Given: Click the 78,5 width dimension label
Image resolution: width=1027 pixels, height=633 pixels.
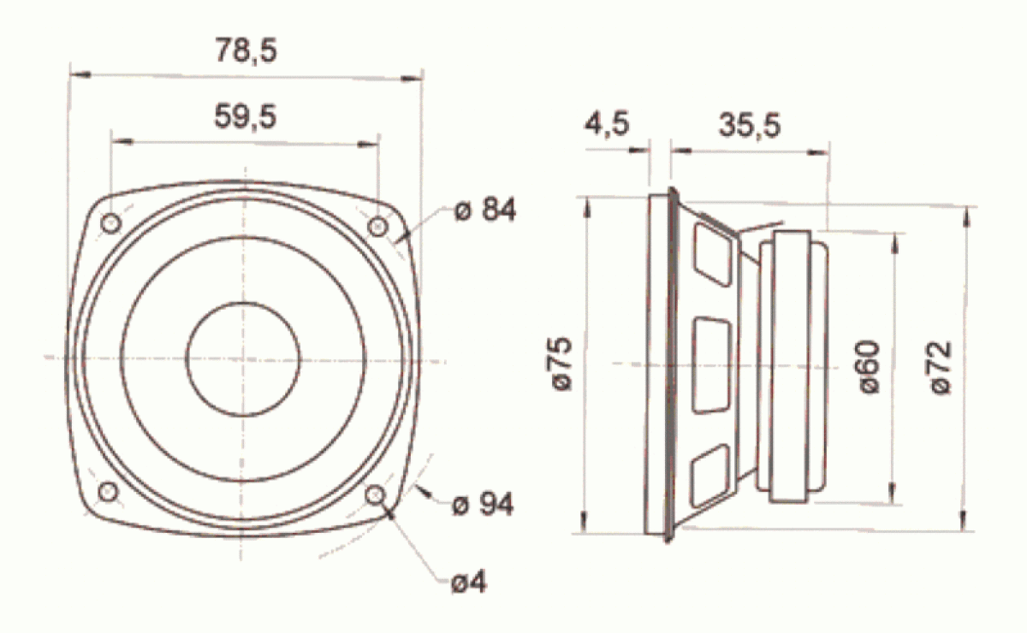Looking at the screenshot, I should [246, 50].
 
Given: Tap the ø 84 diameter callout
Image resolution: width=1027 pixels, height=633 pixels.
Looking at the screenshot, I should [485, 210].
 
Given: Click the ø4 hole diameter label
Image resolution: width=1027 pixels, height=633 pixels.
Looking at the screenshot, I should [469, 583].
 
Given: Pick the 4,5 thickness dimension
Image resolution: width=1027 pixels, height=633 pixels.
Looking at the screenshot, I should [607, 124].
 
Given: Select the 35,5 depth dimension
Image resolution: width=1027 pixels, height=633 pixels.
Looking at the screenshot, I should [749, 126].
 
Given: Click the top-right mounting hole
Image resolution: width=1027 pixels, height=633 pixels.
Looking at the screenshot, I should [377, 226].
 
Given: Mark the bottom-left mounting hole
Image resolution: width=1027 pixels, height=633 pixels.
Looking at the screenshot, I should [109, 491].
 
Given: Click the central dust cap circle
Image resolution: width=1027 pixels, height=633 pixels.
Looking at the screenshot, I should [243, 358].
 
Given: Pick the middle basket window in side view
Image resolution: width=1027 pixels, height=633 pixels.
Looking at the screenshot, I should [712, 364].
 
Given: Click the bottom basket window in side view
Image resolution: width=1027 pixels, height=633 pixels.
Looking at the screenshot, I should [712, 476].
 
